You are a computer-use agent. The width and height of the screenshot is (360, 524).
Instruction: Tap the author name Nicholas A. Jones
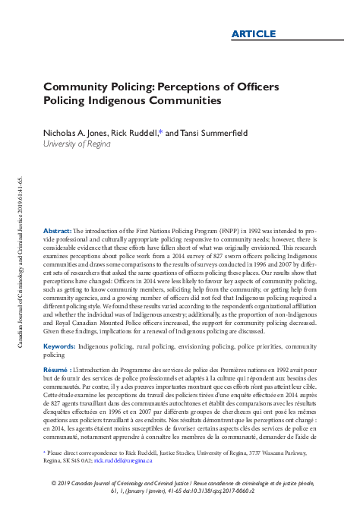(x=74, y=133)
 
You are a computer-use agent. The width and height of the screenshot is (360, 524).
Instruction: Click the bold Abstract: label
(x=58, y=229)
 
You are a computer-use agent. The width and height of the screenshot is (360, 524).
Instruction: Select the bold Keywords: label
(x=59, y=346)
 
